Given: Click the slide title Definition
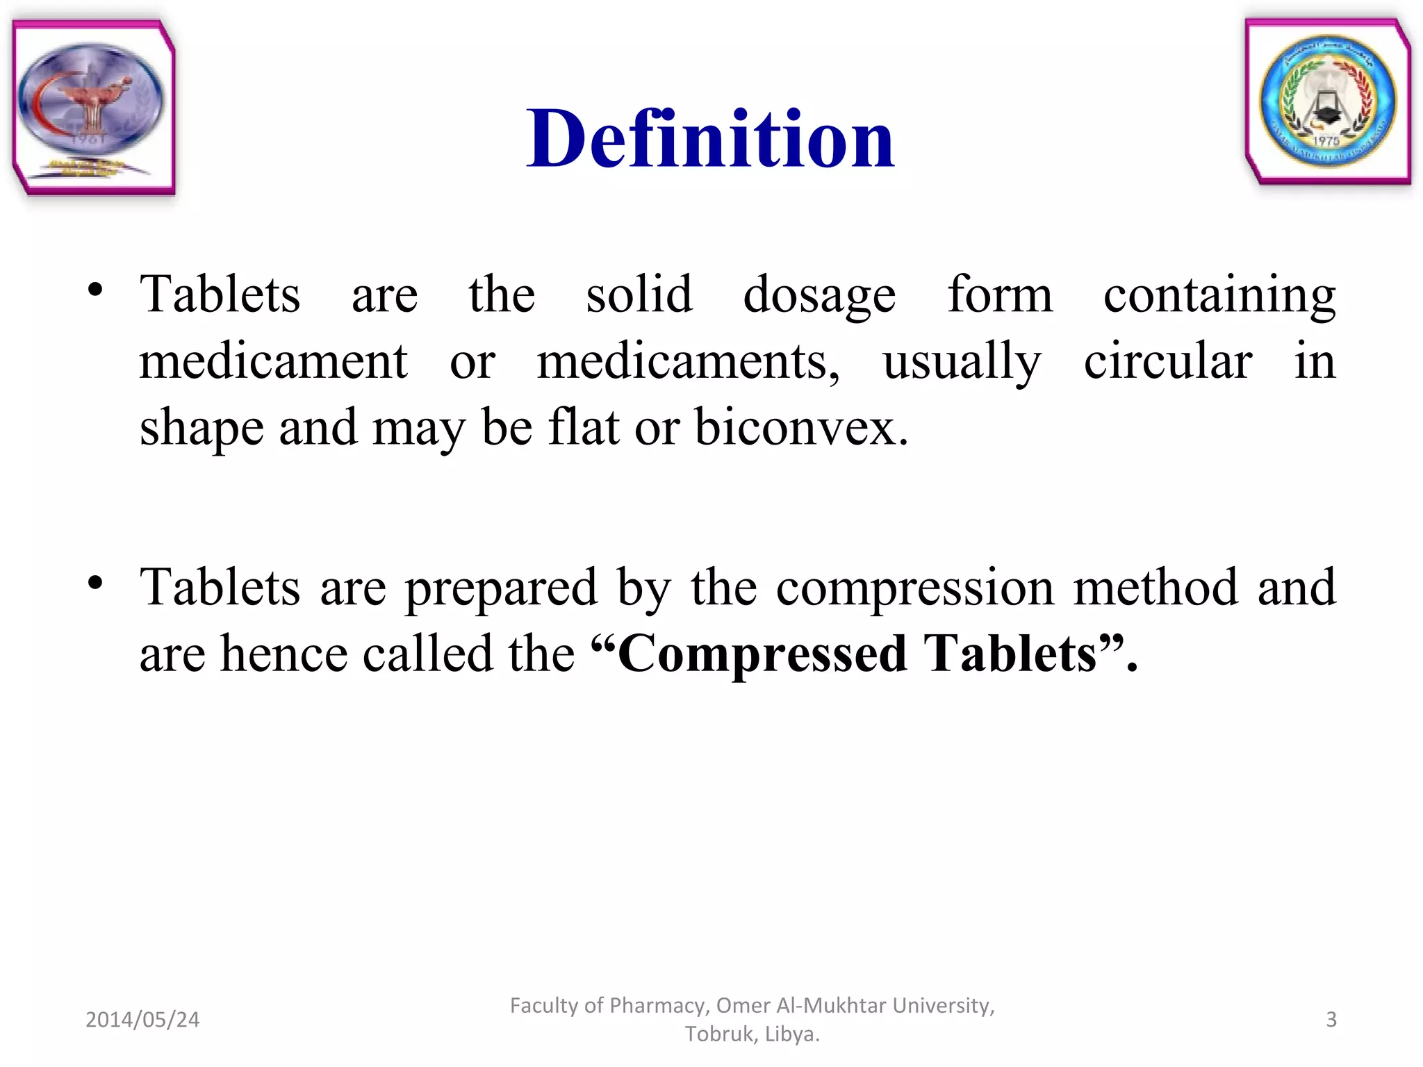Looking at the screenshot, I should [x=710, y=139].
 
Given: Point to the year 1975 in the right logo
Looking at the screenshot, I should [x=1326, y=141].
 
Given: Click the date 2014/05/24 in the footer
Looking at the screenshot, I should [x=142, y=1019].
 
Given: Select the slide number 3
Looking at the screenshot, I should [x=1331, y=1019].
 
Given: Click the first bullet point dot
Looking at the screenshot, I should [x=95, y=290].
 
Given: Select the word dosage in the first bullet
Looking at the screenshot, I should [x=819, y=295].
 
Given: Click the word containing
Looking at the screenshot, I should [x=1219, y=295].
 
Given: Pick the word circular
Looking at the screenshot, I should [x=1168, y=361].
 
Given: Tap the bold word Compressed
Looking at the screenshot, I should [x=762, y=654].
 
